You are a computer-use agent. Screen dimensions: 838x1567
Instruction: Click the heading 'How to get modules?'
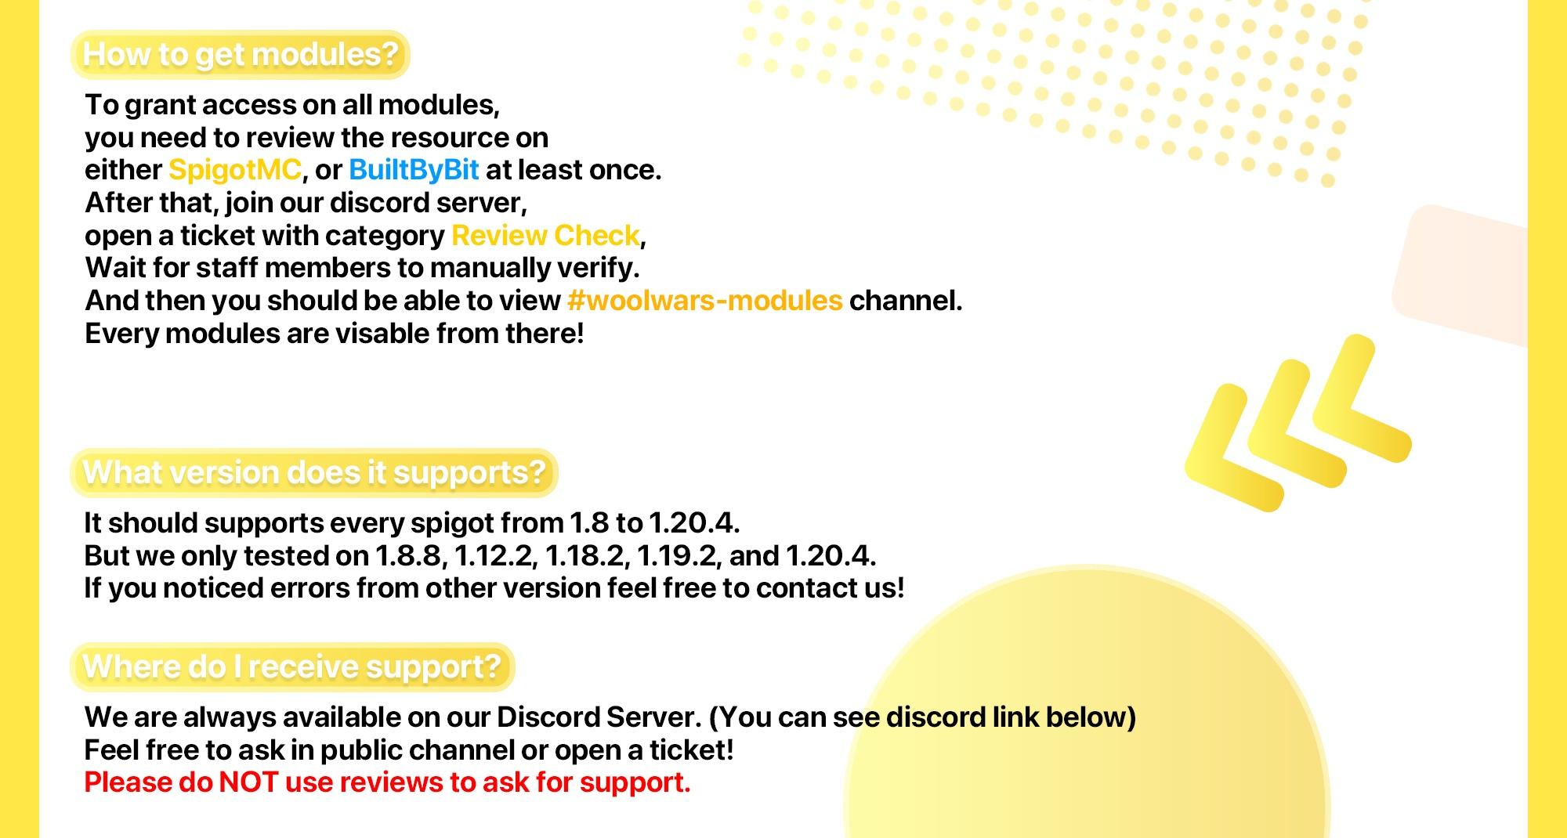pyautogui.click(x=241, y=55)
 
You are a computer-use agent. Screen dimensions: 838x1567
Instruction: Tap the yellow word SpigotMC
pyautogui.click(x=235, y=170)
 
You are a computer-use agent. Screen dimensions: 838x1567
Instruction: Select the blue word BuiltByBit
pyautogui.click(x=414, y=170)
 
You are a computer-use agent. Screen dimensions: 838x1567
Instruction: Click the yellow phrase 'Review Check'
pyautogui.click(x=546, y=236)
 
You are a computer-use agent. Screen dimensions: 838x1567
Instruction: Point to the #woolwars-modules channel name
pyautogui.click(x=704, y=301)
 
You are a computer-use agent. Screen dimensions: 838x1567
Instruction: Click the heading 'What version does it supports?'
pyautogui.click(x=313, y=473)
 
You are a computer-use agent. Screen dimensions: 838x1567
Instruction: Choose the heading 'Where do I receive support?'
pyautogui.click(x=291, y=667)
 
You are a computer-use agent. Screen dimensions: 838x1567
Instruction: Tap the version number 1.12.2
pyautogui.click(x=495, y=556)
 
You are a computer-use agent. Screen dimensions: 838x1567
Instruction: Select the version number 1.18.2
pyautogui.click(x=587, y=556)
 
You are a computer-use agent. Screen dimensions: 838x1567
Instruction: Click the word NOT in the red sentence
pyautogui.click(x=248, y=782)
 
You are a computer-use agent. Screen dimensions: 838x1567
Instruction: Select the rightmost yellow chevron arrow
pyautogui.click(x=1359, y=399)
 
